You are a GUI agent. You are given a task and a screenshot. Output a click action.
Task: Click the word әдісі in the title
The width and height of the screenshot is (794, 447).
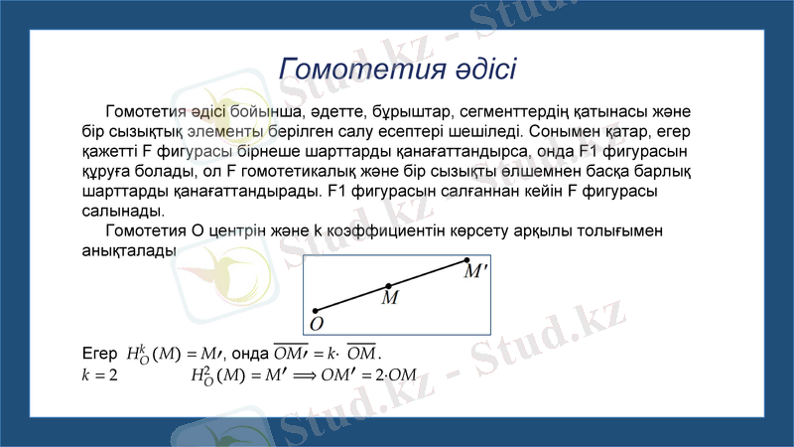pyautogui.click(x=476, y=70)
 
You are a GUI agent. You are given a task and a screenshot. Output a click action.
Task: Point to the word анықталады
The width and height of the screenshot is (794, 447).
pyautogui.click(x=128, y=250)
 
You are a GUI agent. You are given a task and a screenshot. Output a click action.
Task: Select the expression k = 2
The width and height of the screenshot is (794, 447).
pyautogui.click(x=99, y=374)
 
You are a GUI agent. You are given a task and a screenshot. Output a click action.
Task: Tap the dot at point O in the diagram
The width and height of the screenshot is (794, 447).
pyautogui.click(x=315, y=310)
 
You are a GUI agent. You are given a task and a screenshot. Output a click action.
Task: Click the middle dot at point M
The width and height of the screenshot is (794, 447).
pyautogui.click(x=388, y=286)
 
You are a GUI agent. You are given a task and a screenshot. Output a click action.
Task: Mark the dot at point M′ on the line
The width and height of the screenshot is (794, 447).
pyautogui.click(x=467, y=260)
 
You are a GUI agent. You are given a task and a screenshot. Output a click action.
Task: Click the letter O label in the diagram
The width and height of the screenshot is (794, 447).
pyautogui.click(x=316, y=324)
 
